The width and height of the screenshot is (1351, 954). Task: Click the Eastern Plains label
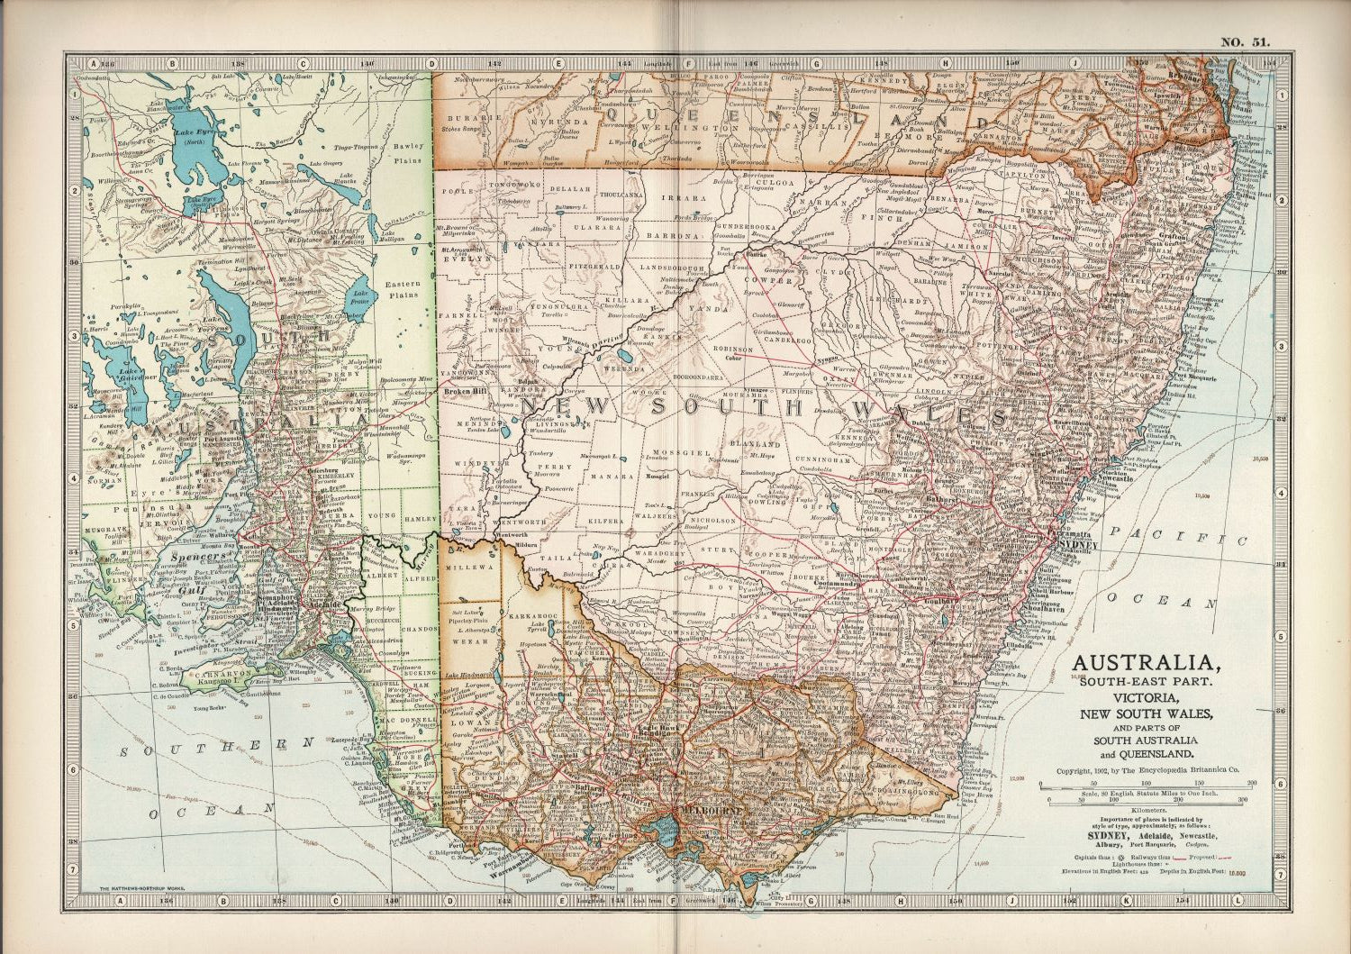coord(403,289)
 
